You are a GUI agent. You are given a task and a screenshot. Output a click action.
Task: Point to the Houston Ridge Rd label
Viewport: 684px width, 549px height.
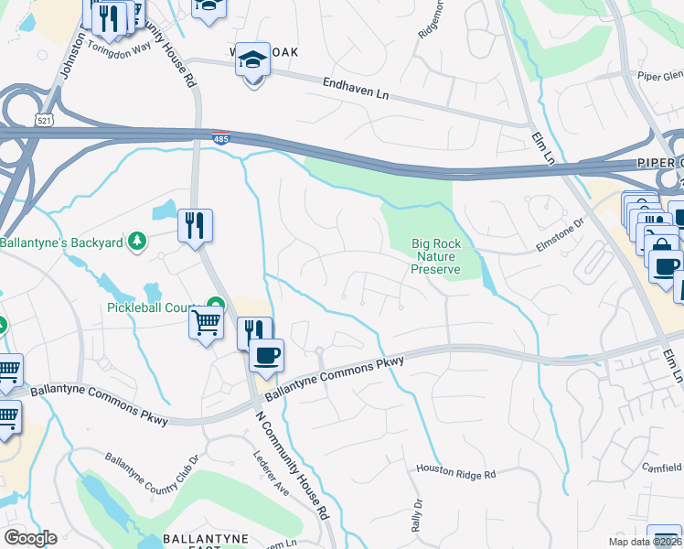455,472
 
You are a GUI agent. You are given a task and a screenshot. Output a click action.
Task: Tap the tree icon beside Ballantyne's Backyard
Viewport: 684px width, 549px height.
137,242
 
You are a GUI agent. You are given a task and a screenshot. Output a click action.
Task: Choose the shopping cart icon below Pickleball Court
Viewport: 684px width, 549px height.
207,322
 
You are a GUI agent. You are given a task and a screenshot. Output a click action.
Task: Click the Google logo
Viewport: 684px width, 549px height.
30,538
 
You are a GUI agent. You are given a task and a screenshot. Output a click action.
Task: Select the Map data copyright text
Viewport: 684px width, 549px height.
645,542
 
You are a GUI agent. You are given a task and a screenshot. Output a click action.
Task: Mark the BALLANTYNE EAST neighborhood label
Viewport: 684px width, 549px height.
201,539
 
